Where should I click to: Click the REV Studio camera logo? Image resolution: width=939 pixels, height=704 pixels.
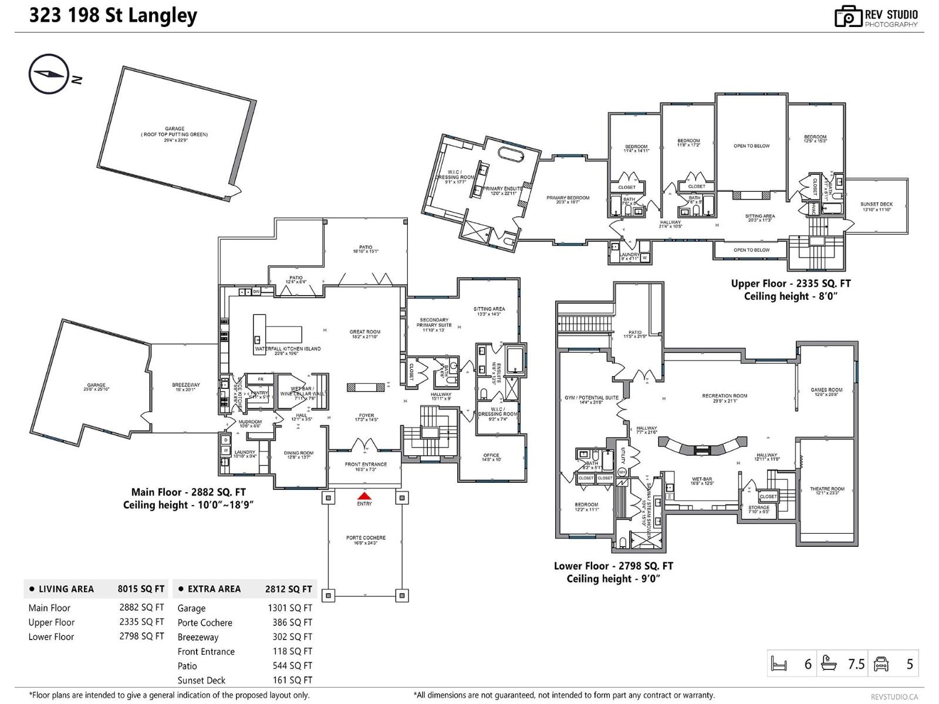pos(847,17)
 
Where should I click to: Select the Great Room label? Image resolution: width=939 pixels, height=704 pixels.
pos(364,334)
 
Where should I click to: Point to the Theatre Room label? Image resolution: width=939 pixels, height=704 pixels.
pos(827,490)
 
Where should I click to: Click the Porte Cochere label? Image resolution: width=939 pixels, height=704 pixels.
pos(366,540)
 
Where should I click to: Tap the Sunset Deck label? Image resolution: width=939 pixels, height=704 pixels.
pos(876,207)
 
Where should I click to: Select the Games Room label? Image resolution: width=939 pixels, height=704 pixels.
pos(826,391)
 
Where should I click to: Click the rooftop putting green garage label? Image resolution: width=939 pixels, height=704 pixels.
pos(174,134)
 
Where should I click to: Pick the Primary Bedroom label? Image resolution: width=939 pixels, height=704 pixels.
pos(568,199)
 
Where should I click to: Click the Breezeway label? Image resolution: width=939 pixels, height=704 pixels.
pos(185,387)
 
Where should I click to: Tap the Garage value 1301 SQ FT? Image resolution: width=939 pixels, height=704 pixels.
pos(290,608)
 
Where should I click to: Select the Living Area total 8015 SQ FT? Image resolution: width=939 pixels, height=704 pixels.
pos(141,589)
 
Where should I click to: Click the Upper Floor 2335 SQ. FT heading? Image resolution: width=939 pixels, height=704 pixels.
pos(791,283)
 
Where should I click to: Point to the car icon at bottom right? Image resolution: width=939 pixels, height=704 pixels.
pos(881,664)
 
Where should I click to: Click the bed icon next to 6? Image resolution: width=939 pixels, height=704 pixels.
pos(778,664)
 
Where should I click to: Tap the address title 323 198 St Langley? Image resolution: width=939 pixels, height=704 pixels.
pos(113,16)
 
